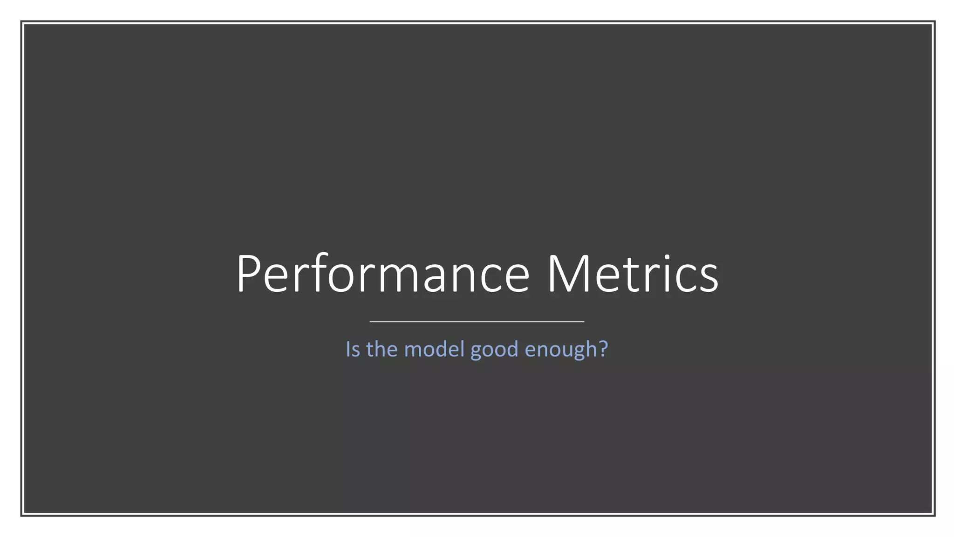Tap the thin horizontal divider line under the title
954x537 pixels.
(x=477, y=322)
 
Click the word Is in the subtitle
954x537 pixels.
(x=353, y=349)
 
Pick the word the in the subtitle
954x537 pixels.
(x=382, y=349)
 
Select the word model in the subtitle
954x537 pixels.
(x=434, y=349)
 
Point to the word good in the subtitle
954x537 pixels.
(x=494, y=350)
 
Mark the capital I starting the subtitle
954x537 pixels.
(x=348, y=349)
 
